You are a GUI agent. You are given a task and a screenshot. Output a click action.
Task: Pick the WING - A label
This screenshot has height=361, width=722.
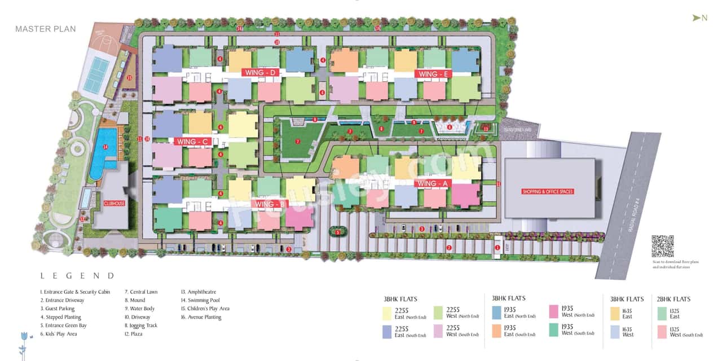click(432, 183)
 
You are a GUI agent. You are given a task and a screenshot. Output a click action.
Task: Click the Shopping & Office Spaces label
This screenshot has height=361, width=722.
click(548, 192)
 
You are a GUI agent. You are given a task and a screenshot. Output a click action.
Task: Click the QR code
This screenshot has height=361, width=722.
click(662, 246)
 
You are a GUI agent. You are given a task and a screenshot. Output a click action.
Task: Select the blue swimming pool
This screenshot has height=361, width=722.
click(105, 148)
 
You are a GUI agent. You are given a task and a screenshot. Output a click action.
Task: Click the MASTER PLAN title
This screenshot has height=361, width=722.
click(45, 29)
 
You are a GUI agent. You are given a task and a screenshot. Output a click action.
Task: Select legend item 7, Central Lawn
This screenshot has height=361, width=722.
click(141, 292)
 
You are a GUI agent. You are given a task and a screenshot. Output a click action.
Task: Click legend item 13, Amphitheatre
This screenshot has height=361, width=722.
click(198, 292)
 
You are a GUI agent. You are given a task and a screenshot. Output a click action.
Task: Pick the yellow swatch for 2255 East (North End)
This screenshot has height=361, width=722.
click(387, 313)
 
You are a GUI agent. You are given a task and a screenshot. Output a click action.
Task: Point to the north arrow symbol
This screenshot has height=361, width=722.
click(697, 18)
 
